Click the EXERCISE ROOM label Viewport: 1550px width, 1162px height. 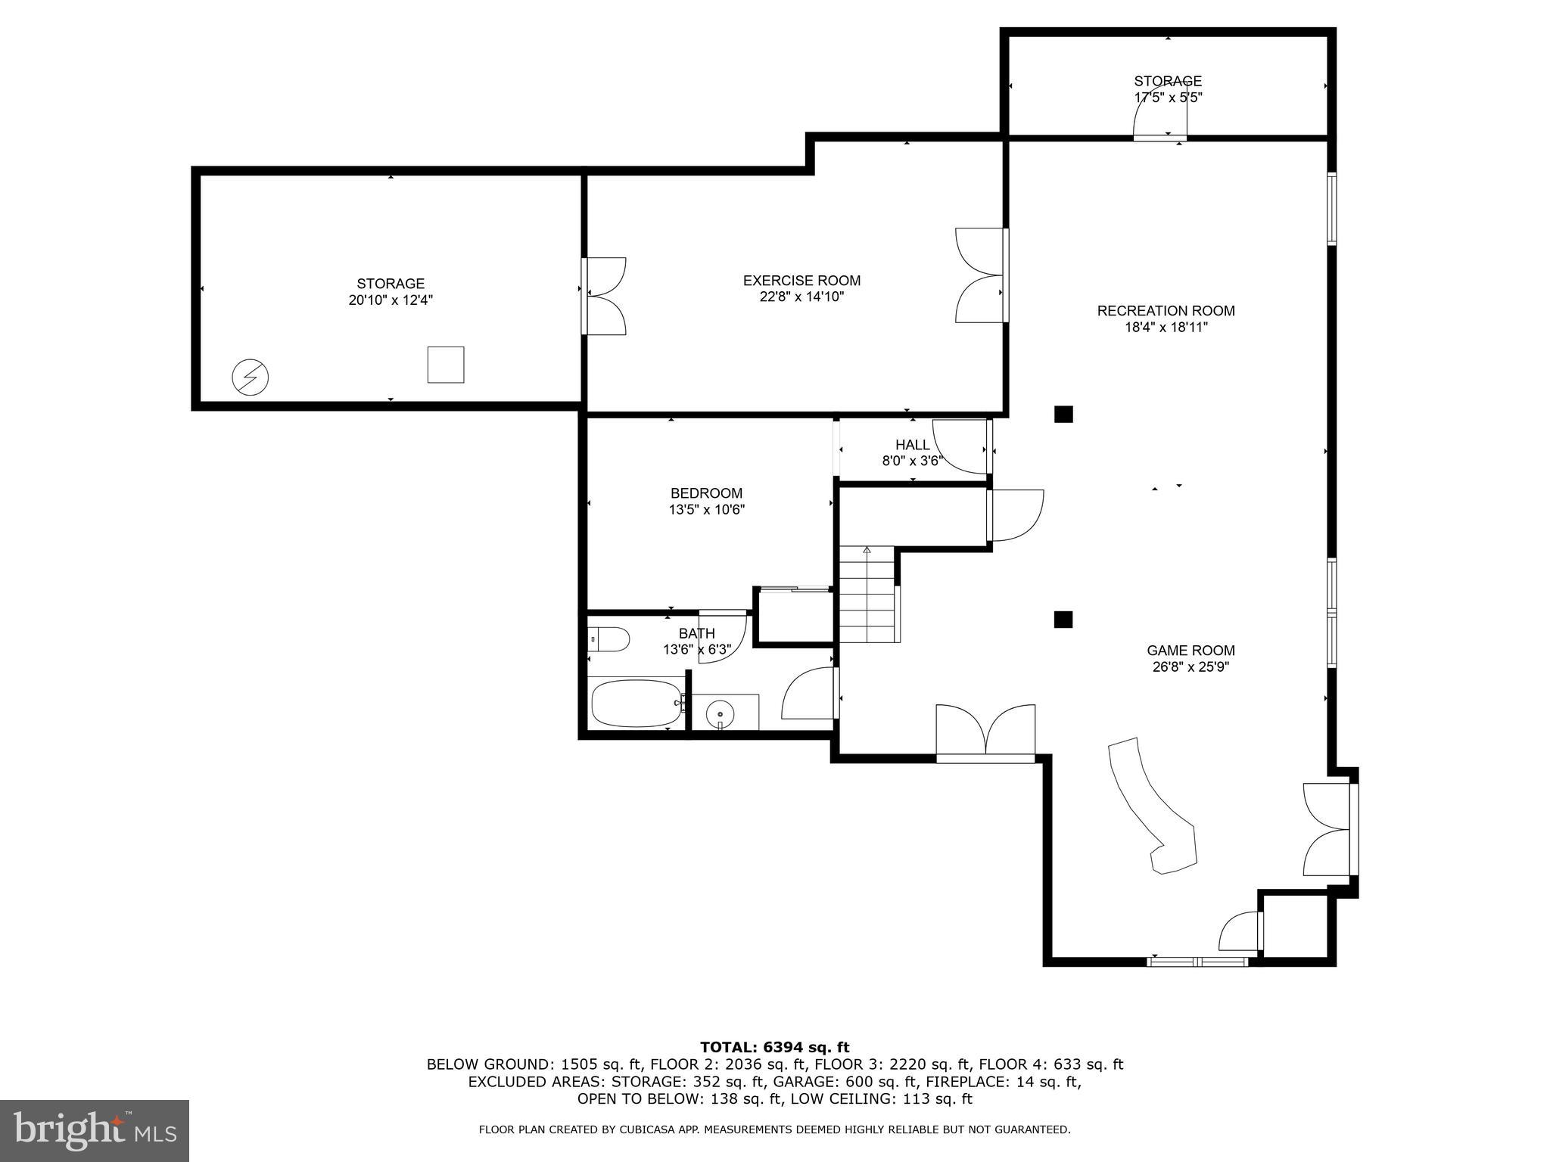click(x=801, y=281)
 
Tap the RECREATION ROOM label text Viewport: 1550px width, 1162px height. click(x=1166, y=311)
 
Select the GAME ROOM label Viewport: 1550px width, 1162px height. click(x=1191, y=651)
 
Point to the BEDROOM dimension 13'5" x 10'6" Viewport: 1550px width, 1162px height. click(x=706, y=510)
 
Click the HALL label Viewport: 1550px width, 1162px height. click(x=912, y=445)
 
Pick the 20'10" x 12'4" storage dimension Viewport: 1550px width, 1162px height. click(x=391, y=300)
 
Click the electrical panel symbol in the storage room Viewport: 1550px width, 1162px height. click(x=250, y=377)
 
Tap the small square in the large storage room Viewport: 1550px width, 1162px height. click(x=446, y=365)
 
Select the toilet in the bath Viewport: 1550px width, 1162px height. click(x=609, y=639)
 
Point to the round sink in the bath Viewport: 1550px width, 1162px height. click(x=720, y=713)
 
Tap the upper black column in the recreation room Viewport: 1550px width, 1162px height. click(x=1063, y=414)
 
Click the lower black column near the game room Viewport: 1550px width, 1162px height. click(x=1063, y=620)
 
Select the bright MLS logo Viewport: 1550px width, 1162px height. click(x=95, y=1130)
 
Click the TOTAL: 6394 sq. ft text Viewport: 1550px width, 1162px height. click(x=774, y=1048)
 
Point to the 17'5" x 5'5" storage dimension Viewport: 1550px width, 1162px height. click(x=1168, y=98)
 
